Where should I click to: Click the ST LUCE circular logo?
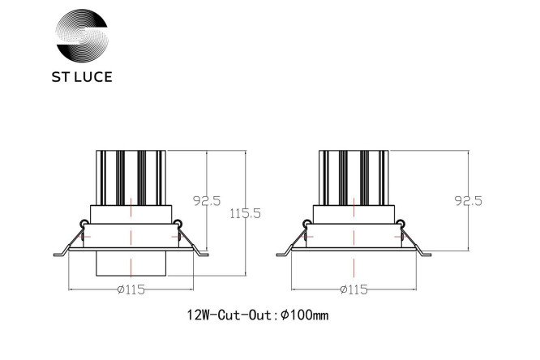point(82,35)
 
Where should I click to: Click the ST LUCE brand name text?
point(82,77)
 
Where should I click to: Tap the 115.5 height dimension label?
point(245,213)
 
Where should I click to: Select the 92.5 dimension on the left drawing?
point(207,200)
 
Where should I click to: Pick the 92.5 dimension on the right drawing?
point(469,200)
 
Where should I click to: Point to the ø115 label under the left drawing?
point(131,289)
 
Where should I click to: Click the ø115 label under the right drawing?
point(354,289)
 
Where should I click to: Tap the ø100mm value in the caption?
point(304,315)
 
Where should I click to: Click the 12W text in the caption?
point(198,315)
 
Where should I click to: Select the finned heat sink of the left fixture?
point(131,178)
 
